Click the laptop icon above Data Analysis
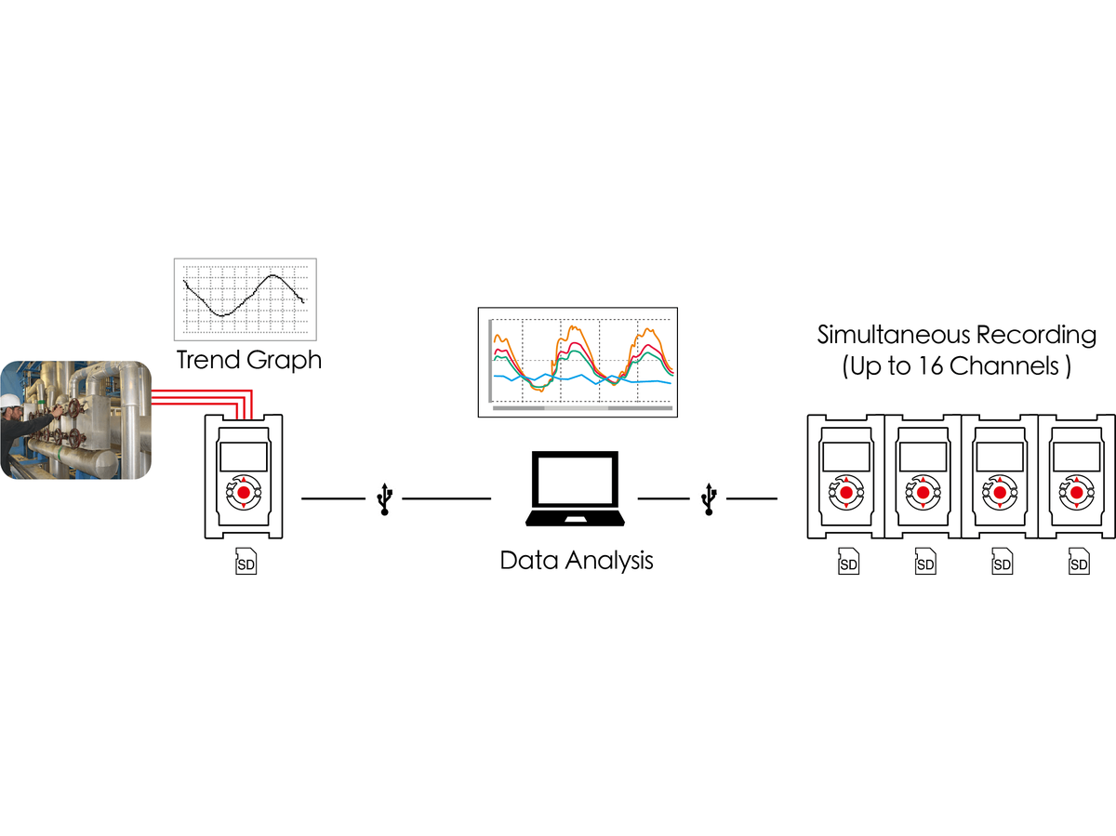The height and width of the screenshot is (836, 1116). coord(575,488)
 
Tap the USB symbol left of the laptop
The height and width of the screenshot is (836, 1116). coord(384,499)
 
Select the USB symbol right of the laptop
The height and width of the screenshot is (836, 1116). coord(709,499)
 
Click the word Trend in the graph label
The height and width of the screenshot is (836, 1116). coord(207,360)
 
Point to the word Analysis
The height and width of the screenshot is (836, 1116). coord(609,561)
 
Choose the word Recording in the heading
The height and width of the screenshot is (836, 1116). coord(1036,336)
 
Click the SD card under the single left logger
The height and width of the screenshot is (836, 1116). coord(246,561)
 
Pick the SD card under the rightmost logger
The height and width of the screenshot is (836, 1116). coord(1079,561)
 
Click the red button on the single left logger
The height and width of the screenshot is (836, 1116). coord(244,493)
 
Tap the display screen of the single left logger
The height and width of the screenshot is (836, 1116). coord(244,457)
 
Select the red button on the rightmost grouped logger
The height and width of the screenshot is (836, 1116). coord(1076,493)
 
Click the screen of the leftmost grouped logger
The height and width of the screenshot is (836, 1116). coord(846,457)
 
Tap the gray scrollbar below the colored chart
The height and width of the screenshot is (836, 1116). coord(583,408)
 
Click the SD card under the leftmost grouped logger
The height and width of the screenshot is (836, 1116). coord(848,561)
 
